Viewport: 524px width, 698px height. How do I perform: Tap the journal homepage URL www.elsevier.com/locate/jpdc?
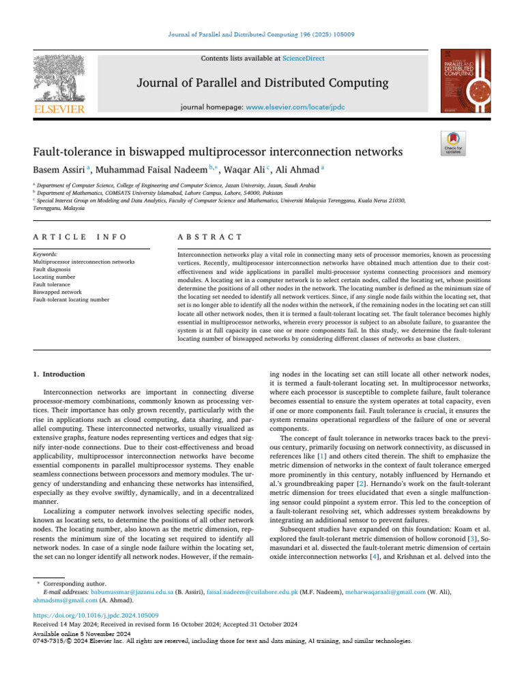point(295,108)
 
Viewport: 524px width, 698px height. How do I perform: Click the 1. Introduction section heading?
point(59,374)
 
